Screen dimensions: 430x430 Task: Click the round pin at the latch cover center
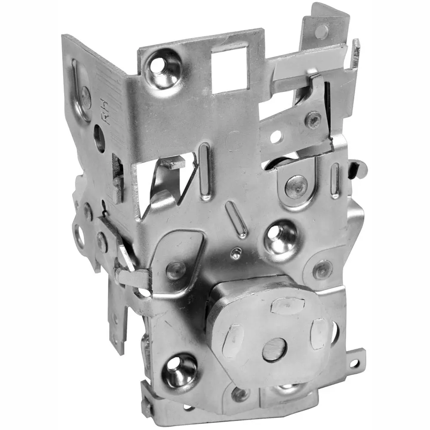click(x=274, y=349)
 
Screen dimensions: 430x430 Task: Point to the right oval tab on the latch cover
click(x=319, y=334)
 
